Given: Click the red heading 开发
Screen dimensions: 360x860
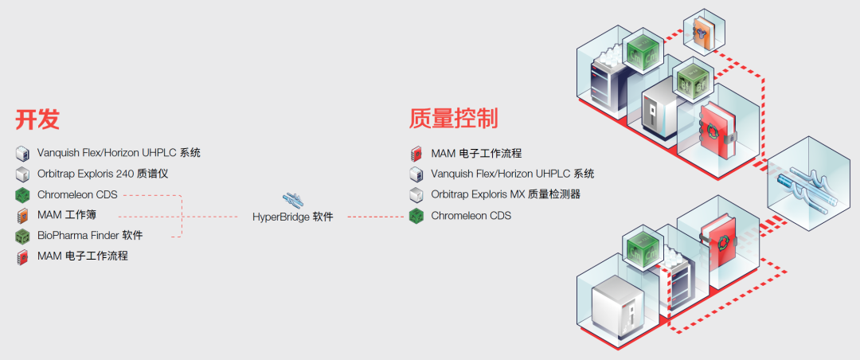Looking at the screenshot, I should (37, 119).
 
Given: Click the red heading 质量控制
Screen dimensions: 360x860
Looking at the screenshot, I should (453, 119).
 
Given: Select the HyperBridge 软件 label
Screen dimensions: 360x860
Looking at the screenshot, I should (293, 216).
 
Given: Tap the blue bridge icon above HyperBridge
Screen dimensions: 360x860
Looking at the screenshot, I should (293, 198).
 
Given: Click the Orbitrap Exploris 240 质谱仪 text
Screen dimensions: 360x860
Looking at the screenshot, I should (103, 173).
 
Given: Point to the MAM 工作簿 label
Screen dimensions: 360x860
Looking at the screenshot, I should (67, 215).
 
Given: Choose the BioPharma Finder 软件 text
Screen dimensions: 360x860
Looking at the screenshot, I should (90, 236).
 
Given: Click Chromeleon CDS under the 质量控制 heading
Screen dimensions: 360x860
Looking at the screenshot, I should (471, 215).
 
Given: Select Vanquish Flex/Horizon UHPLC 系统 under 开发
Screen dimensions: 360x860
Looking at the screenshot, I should (119, 152).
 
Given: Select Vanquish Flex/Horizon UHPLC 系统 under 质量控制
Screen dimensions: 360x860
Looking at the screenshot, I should (512, 174).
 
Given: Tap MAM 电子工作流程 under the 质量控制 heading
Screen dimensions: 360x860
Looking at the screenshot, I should (476, 153).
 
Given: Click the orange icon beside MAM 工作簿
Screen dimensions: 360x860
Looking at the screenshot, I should (22, 215).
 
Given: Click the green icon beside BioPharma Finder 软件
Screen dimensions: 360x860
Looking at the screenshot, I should (22, 236).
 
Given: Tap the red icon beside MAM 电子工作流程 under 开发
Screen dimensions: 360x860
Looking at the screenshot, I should (22, 256).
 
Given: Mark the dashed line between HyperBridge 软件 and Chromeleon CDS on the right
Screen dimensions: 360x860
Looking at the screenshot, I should (375, 216).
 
